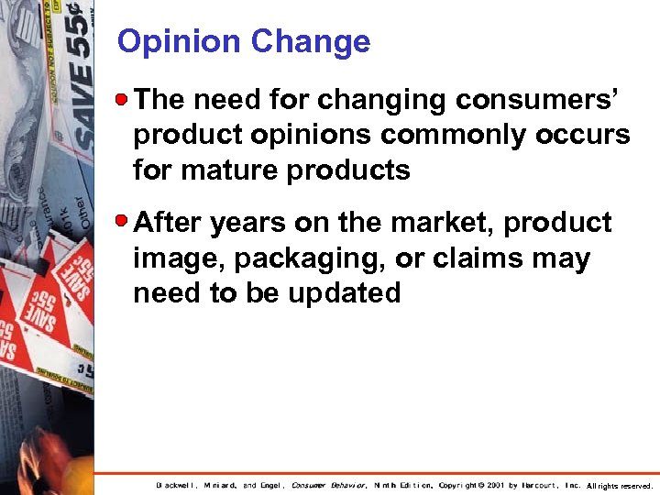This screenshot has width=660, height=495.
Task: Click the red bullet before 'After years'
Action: pos(125,221)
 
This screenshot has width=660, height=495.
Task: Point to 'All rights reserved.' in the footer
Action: pos(620,486)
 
